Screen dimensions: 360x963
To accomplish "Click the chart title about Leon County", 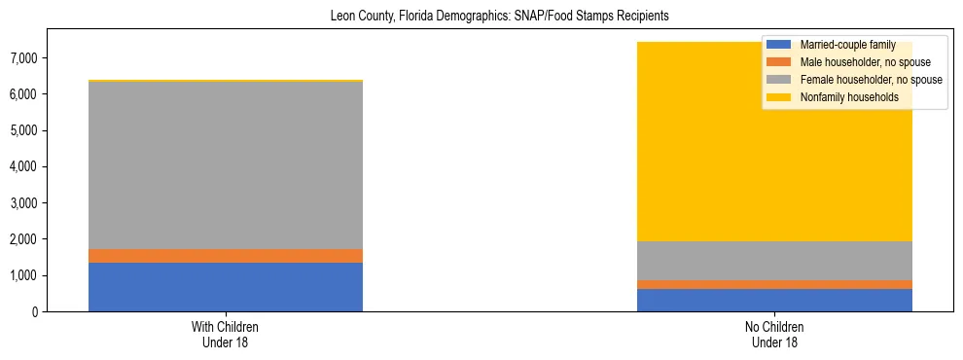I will tap(482, 17).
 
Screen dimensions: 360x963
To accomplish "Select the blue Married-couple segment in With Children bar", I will tap(226, 287).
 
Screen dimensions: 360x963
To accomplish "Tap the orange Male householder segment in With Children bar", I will tap(226, 256).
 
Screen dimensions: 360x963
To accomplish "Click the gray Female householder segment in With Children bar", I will tap(226, 165).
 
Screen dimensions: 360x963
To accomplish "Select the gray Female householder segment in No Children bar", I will tap(774, 261).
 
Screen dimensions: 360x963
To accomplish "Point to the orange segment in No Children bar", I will tap(774, 284).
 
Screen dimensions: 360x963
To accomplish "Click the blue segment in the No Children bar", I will tap(774, 300).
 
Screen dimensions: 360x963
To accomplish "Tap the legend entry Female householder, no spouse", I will tap(869, 80).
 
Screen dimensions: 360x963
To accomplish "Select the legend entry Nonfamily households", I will tap(849, 97).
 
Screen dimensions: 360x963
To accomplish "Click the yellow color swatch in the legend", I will tap(779, 97).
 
